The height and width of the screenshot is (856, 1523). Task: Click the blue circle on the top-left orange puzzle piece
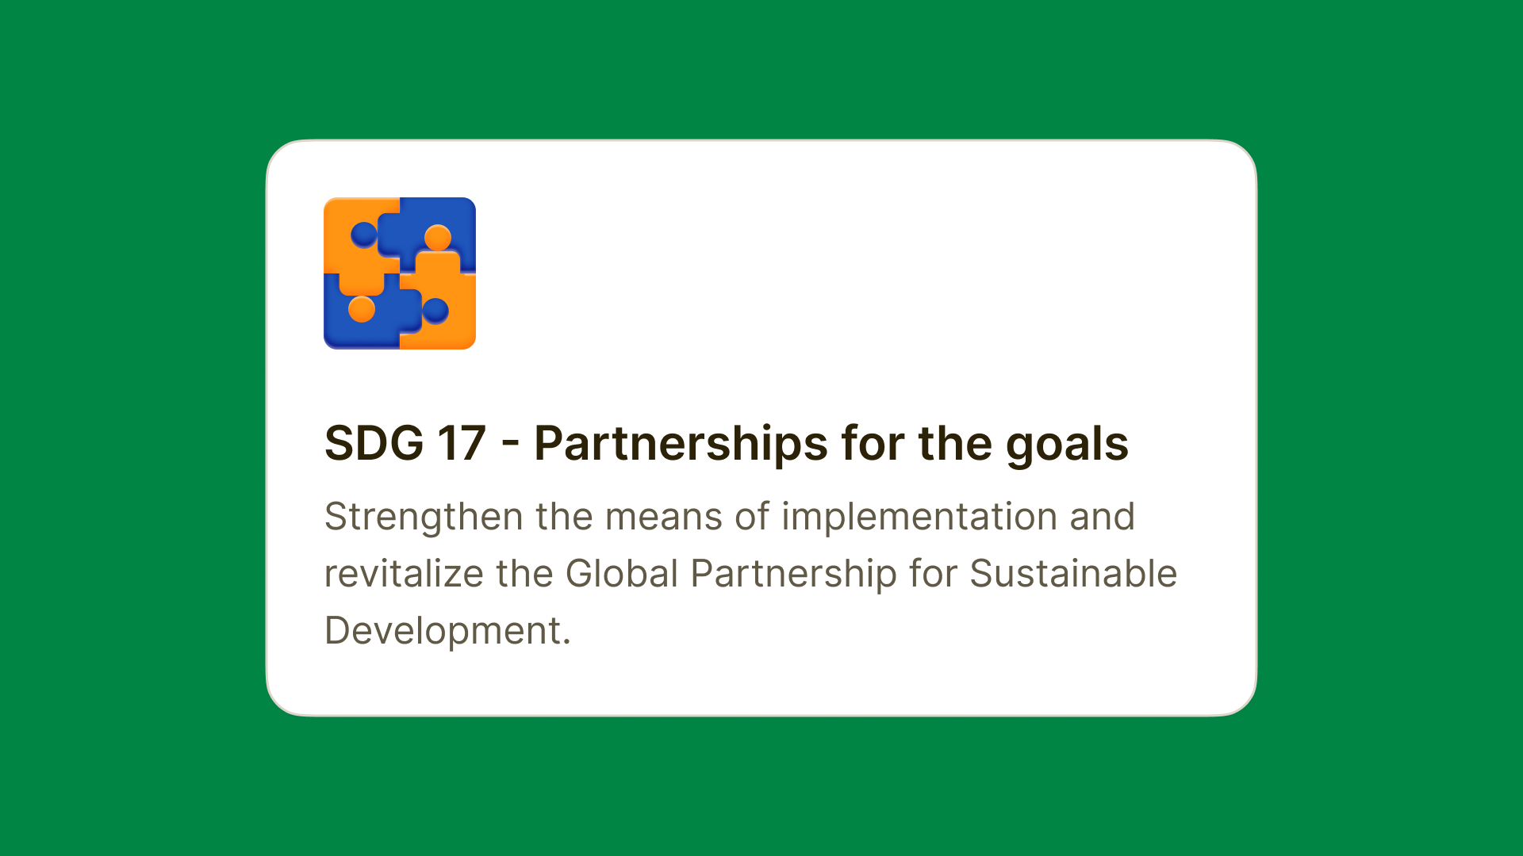[x=364, y=235]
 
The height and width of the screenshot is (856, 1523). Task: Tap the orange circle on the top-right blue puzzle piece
[x=438, y=238]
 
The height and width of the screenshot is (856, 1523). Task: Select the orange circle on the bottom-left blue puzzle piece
[x=362, y=309]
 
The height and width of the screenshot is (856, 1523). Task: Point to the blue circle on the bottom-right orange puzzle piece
[x=435, y=311]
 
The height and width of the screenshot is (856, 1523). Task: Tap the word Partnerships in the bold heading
[x=681, y=444]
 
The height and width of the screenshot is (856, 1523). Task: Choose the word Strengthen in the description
[x=424, y=518]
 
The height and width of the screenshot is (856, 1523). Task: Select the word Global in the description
[x=622, y=574]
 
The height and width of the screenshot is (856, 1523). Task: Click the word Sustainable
[x=1073, y=574]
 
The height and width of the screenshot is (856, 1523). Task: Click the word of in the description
[x=752, y=517]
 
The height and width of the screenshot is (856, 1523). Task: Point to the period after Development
[x=566, y=644]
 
